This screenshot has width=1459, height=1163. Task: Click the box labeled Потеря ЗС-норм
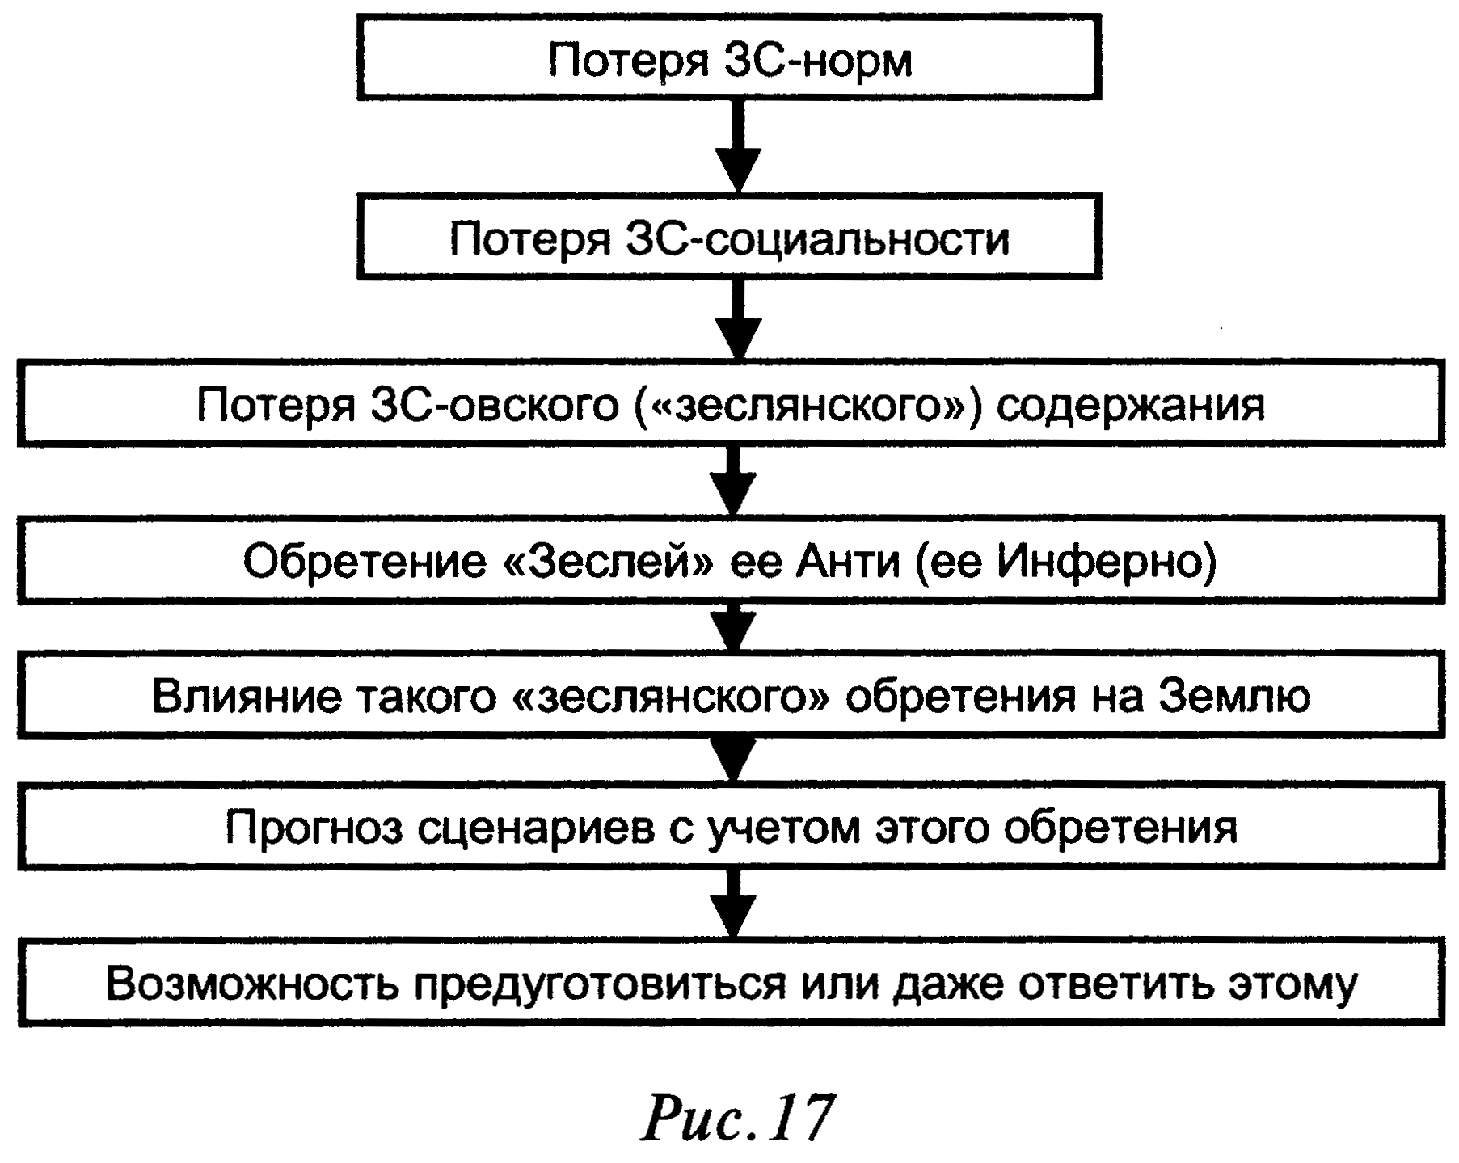[x=729, y=57]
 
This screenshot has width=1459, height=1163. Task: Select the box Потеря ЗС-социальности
[x=729, y=238]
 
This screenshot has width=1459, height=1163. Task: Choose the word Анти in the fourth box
[x=847, y=561]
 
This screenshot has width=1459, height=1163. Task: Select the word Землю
[x=1234, y=696]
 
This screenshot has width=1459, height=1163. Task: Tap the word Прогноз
[x=314, y=827]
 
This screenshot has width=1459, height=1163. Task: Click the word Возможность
[x=252, y=984]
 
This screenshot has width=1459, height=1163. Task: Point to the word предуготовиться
[x=600, y=984]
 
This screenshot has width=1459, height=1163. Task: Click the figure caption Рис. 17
[x=736, y=1118]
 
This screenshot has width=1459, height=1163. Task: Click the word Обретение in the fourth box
[x=365, y=561]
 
